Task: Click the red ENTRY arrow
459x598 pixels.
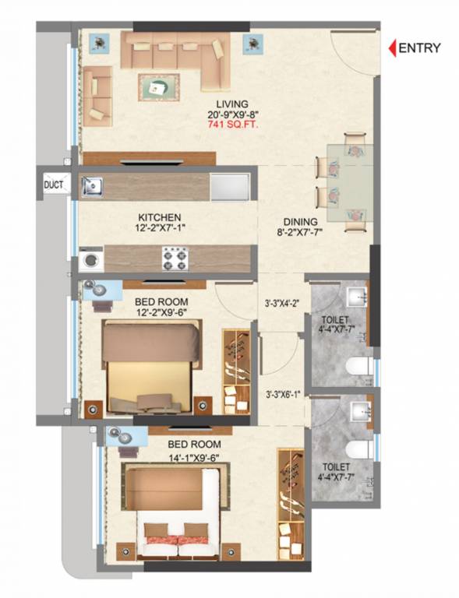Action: [393, 47]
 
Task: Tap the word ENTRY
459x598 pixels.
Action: [419, 47]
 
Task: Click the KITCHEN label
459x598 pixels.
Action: [160, 217]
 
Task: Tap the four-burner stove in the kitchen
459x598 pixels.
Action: [172, 258]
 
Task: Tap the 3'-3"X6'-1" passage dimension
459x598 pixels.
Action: [281, 394]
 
